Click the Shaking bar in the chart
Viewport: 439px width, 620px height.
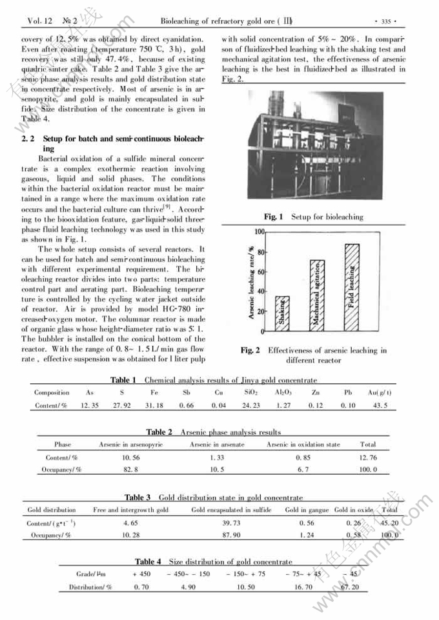point(283,314)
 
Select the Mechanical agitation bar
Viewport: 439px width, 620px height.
point(316,295)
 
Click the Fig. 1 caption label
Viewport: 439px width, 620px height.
point(274,217)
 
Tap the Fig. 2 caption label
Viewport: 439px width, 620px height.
point(250,350)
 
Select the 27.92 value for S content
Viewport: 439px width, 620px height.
point(122,405)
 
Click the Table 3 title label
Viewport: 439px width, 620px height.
point(138,497)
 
